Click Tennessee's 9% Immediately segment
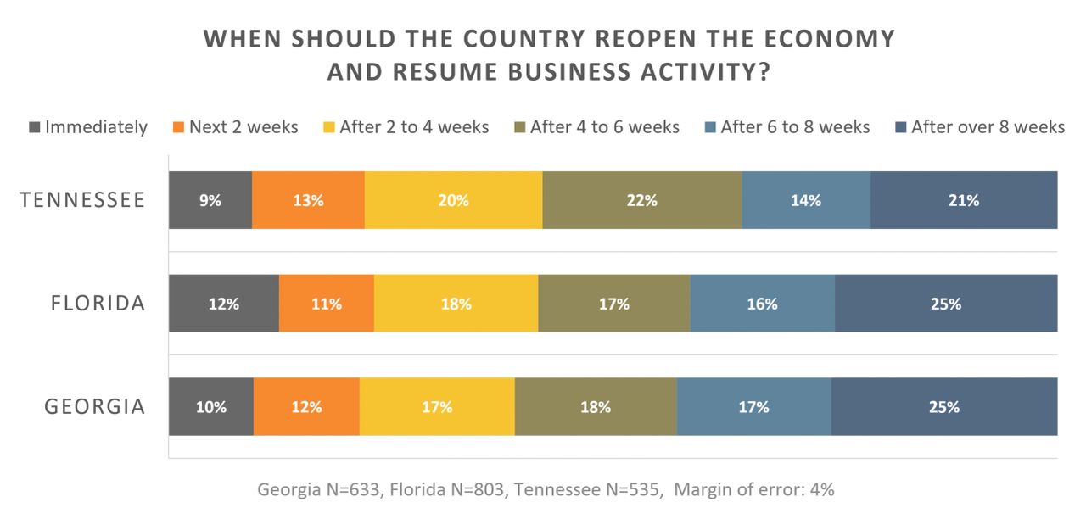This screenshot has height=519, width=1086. click(x=210, y=200)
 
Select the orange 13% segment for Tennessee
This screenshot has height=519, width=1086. click(x=308, y=200)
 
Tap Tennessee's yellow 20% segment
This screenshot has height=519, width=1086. click(x=454, y=200)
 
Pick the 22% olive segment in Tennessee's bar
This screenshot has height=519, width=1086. click(x=642, y=200)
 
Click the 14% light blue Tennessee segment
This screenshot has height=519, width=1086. click(x=806, y=200)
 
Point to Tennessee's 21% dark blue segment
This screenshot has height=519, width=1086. click(x=964, y=200)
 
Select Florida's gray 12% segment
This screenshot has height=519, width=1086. click(x=224, y=304)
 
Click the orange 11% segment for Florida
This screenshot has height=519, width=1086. click(x=327, y=304)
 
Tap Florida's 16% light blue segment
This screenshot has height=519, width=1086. click(x=763, y=304)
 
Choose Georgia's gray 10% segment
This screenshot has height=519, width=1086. click(x=211, y=406)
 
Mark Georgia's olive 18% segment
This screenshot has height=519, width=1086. click(x=596, y=406)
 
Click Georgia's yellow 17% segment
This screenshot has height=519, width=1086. click(x=437, y=406)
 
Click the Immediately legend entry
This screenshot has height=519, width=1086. click(x=88, y=127)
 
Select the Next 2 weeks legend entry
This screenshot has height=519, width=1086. click(x=236, y=127)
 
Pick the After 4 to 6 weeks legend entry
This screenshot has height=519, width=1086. click(x=596, y=127)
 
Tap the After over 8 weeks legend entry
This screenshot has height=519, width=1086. click(x=980, y=127)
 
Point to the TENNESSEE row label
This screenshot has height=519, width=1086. click(x=82, y=200)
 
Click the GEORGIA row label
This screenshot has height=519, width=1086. click(x=95, y=406)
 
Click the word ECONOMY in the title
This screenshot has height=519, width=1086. click(x=830, y=39)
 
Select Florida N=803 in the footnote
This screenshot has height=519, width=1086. click(x=447, y=489)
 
